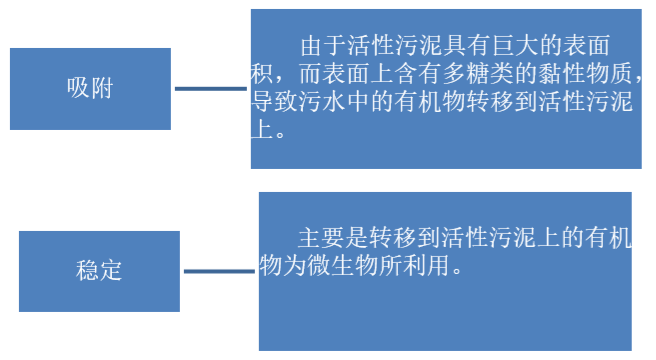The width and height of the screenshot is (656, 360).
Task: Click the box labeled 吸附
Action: [89, 88]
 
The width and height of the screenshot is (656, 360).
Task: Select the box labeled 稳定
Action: [99, 270]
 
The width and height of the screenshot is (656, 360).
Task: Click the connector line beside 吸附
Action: [212, 89]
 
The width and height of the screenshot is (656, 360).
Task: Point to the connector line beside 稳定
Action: [219, 271]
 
